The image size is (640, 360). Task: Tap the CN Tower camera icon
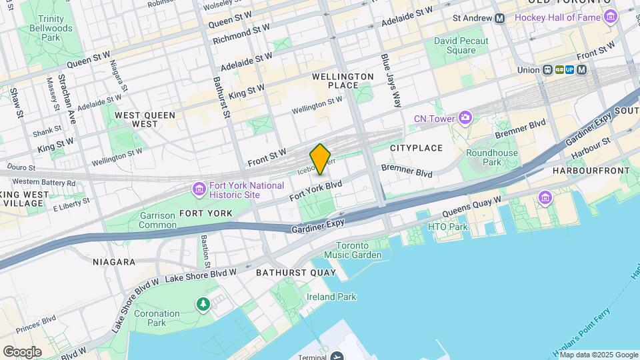point(465,119)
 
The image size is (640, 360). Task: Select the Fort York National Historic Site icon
point(199,190)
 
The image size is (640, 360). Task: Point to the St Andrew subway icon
point(499,18)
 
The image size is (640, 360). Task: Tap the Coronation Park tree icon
point(203,304)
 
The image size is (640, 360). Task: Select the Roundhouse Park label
point(492,157)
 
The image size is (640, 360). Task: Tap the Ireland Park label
point(331,297)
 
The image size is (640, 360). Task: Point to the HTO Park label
point(448,227)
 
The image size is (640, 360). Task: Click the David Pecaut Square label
point(461,45)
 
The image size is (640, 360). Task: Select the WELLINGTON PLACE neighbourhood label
point(343,81)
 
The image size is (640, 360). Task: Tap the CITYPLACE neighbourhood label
point(416,147)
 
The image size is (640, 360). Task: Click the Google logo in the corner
point(22,351)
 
